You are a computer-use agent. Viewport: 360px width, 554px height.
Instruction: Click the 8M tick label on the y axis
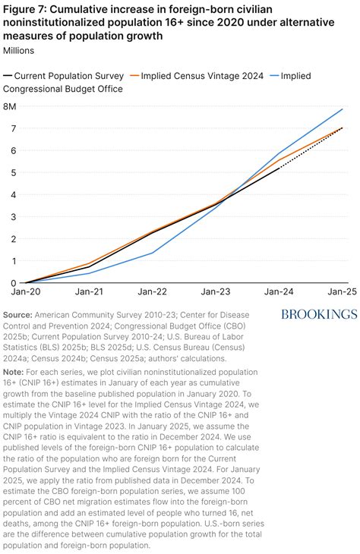(11, 106)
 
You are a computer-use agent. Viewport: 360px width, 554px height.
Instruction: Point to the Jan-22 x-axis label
(151, 292)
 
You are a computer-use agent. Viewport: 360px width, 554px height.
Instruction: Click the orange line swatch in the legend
(134, 76)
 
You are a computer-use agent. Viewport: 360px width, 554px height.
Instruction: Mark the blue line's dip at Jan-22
(152, 253)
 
